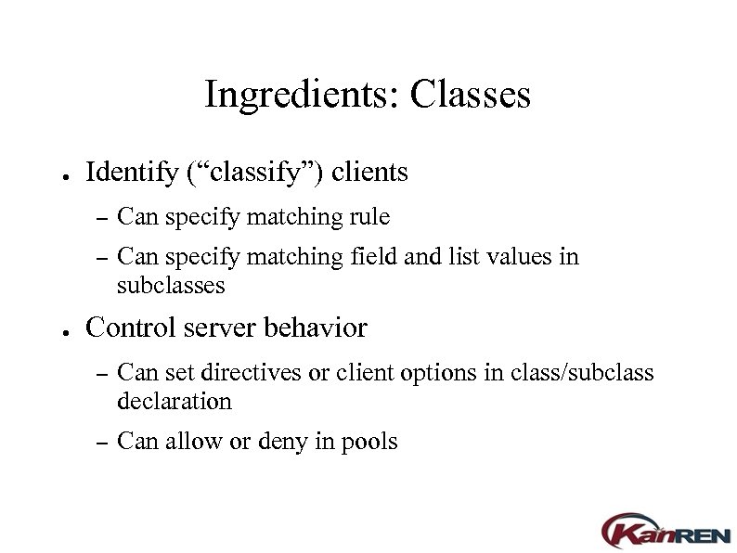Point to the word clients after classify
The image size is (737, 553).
[369, 173]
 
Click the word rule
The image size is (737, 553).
[370, 217]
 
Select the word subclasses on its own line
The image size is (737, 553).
[171, 285]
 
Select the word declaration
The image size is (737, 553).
[175, 402]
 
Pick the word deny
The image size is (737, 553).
[284, 442]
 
